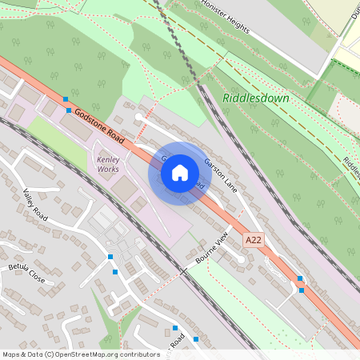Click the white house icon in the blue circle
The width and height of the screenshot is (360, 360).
pos(180,173)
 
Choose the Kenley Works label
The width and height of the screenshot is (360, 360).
pos(108,164)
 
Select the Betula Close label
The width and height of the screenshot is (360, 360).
pos(26,271)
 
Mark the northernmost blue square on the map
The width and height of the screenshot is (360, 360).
pos(65,97)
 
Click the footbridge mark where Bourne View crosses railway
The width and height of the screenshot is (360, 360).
pos(183,271)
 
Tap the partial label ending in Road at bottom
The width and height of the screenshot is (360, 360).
pos(177,342)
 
